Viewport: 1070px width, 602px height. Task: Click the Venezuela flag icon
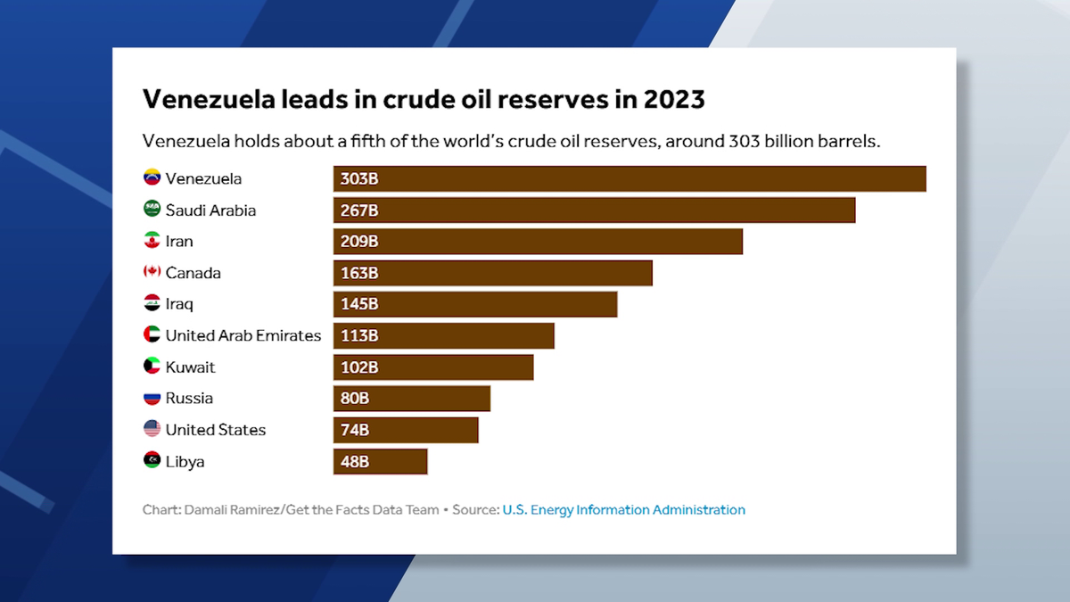click(152, 178)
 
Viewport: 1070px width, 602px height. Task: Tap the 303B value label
click(359, 179)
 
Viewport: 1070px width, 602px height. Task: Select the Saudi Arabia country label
click(210, 210)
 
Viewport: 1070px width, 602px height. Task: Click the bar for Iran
click(538, 242)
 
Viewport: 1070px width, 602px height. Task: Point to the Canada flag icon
click(152, 272)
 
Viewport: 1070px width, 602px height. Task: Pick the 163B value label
click(359, 273)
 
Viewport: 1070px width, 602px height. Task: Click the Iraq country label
click(179, 304)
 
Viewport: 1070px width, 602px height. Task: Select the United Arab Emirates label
click(243, 335)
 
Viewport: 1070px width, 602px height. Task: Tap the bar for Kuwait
click(433, 367)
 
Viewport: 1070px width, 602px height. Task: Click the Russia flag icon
click(152, 398)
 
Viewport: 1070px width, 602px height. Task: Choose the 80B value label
click(355, 399)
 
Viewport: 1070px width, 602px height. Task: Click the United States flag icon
click(152, 429)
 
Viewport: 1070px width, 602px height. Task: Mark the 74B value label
click(355, 430)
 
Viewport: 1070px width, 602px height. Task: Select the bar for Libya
click(381, 461)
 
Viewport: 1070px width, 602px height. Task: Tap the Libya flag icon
click(152, 460)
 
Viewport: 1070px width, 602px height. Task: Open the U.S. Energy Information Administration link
click(623, 510)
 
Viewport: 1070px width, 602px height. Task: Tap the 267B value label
click(359, 210)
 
